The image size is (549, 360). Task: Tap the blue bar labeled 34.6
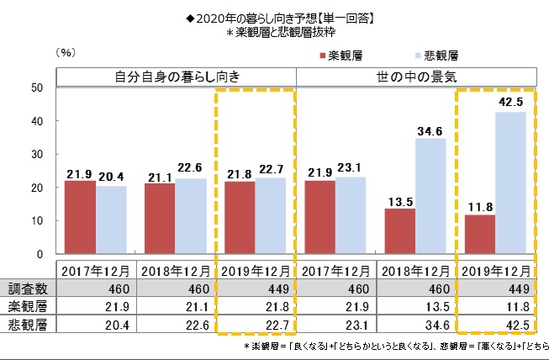430,196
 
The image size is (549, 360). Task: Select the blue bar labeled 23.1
351,214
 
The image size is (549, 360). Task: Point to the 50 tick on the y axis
37,87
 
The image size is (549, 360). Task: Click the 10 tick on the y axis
37,220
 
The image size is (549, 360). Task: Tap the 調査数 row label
28,287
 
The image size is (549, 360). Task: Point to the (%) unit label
66,52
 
